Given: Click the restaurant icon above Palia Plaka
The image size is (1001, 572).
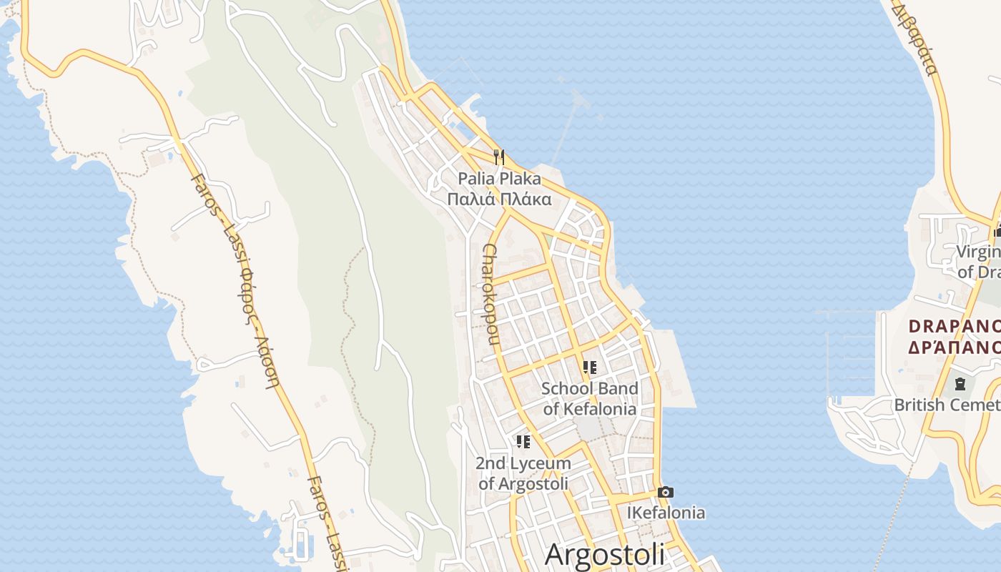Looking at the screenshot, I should [499, 157].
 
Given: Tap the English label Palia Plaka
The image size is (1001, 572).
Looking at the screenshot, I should [499, 178].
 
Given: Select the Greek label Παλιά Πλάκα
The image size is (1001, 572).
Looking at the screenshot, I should [499, 199].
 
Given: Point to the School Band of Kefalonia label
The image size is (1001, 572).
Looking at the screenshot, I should [590, 399].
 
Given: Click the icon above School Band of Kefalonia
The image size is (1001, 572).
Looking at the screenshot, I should [590, 368].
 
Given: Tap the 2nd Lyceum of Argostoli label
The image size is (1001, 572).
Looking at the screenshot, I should [523, 473].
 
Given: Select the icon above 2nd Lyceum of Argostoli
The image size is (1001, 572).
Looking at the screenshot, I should [523, 442].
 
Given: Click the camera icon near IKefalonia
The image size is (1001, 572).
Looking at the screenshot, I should [665, 492].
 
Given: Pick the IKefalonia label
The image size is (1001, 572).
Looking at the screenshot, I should [666, 513].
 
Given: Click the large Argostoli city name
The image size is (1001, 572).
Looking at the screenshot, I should [605, 555].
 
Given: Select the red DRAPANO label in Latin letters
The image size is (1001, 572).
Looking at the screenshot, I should [954, 326].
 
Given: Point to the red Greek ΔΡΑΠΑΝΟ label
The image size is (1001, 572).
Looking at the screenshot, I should [954, 347].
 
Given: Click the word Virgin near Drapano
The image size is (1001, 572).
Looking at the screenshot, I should [978, 252].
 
